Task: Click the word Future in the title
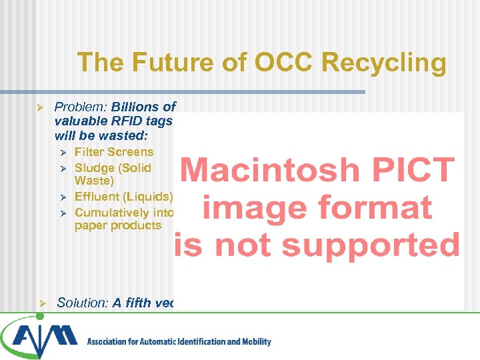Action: click(x=160, y=63)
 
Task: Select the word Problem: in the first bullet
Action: click(x=81, y=107)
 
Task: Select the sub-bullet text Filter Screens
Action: click(x=114, y=152)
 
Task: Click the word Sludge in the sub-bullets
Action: click(x=95, y=168)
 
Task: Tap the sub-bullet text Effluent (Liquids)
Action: click(x=123, y=197)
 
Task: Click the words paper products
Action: click(x=118, y=225)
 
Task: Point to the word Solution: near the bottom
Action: click(x=83, y=303)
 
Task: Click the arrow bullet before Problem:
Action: click(x=40, y=107)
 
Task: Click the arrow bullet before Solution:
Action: click(x=40, y=303)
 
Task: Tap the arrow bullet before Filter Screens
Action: click(x=62, y=153)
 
